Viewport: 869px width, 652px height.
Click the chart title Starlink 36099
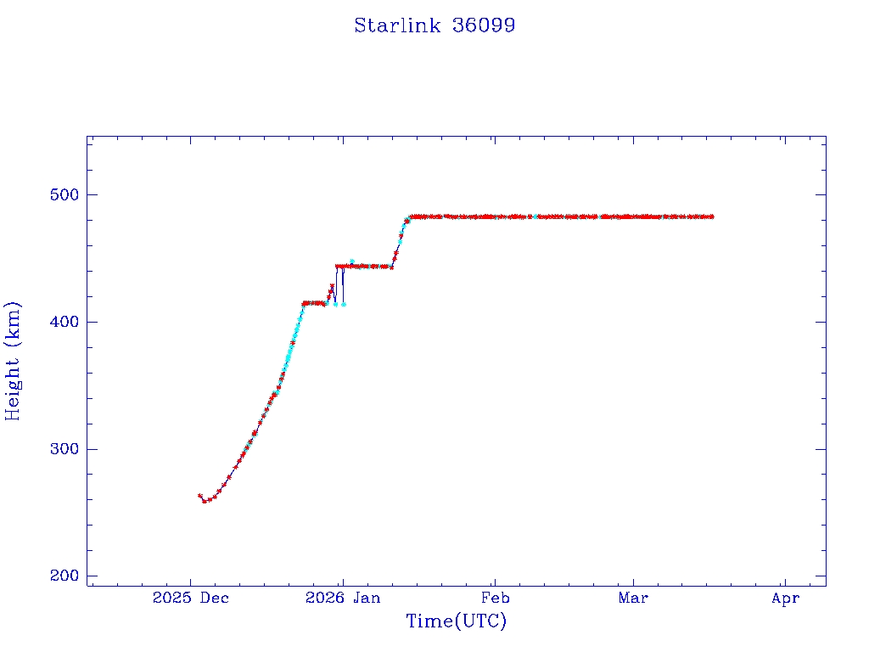click(434, 25)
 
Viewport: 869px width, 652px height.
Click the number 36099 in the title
click(484, 25)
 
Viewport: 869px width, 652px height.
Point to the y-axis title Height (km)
click(13, 361)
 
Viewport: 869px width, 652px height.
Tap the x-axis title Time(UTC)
click(456, 621)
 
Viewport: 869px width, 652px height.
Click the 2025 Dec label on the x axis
click(191, 599)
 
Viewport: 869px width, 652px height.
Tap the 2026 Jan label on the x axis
click(342, 599)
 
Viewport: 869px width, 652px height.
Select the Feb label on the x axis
click(495, 599)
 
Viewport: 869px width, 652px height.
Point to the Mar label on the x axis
click(633, 599)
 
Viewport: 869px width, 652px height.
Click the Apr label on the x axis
click(786, 599)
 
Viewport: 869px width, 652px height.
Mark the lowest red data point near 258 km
click(205, 501)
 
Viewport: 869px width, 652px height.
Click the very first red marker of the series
click(199, 496)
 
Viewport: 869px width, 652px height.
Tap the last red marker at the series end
click(712, 216)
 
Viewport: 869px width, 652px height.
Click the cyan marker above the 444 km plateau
click(351, 261)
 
